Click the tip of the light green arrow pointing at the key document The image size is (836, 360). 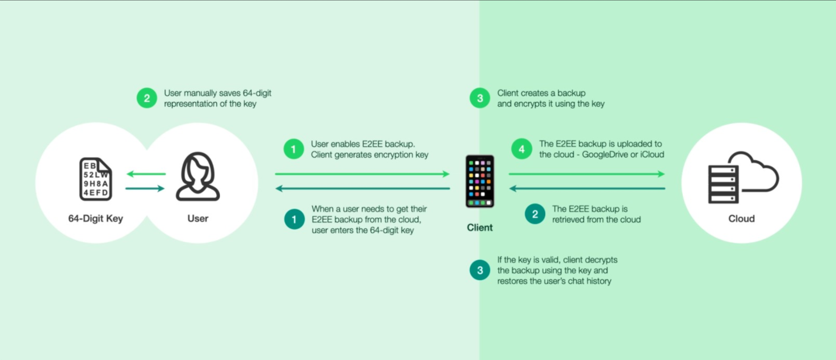point(127,174)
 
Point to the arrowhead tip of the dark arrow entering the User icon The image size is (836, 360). point(165,188)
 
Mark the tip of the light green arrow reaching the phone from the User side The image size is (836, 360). point(449,174)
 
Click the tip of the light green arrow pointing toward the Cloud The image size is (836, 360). point(665,174)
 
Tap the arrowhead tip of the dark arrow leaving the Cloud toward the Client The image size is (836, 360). point(509,188)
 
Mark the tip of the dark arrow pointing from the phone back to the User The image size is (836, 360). point(276,188)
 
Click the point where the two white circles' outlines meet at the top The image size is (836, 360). point(147,150)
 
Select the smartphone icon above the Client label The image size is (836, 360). point(480,181)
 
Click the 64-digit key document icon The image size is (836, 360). point(96,179)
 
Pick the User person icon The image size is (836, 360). point(198,176)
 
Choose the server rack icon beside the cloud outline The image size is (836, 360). point(723,184)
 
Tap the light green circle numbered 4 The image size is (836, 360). point(522,149)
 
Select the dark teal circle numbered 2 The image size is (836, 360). point(535,214)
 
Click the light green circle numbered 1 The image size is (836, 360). point(293,149)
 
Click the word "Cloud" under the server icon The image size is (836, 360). point(742,219)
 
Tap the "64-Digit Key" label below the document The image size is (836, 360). point(96,219)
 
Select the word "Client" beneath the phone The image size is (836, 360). point(480,228)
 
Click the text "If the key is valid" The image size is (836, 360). point(529,260)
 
